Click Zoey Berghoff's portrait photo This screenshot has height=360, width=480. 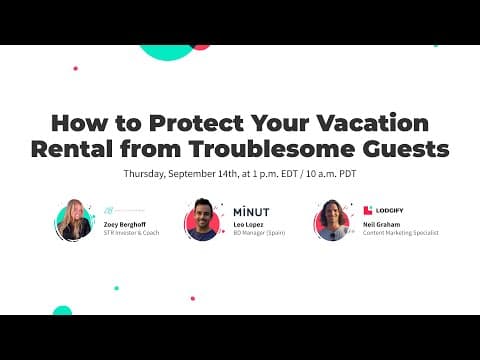(74, 220)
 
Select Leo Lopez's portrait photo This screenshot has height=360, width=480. (203, 220)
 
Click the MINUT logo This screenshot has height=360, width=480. (251, 212)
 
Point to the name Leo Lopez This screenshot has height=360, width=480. (248, 225)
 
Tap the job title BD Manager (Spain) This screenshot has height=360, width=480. (256, 233)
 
